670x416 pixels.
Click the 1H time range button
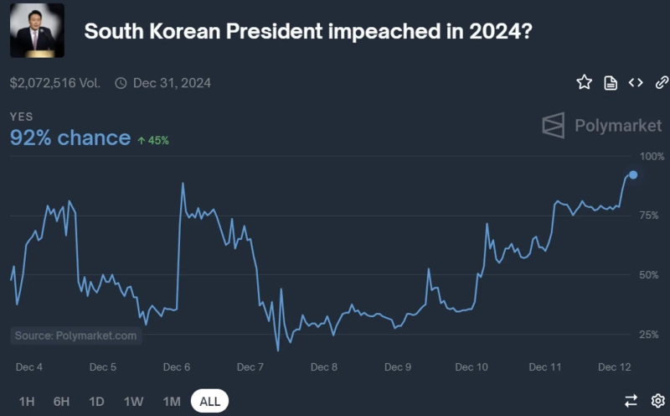click(27, 401)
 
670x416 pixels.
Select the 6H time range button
click(61, 401)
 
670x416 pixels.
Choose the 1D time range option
click(96, 401)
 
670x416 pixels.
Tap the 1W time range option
click(133, 401)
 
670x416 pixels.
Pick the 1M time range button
click(172, 401)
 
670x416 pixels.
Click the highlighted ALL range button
click(209, 401)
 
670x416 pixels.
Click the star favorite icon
click(584, 82)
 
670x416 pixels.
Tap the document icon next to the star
click(611, 82)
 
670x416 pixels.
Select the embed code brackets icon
click(636, 82)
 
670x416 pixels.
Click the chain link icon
click(662, 82)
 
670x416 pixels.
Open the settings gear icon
click(658, 401)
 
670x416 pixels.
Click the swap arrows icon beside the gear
click(631, 401)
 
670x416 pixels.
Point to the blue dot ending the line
click(633, 174)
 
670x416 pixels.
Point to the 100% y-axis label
click(652, 156)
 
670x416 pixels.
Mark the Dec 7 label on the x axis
click(251, 367)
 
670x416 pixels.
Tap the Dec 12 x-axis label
click(614, 367)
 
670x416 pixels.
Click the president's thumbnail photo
click(37, 31)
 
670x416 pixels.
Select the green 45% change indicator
click(153, 140)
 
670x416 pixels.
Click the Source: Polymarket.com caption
click(75, 335)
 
